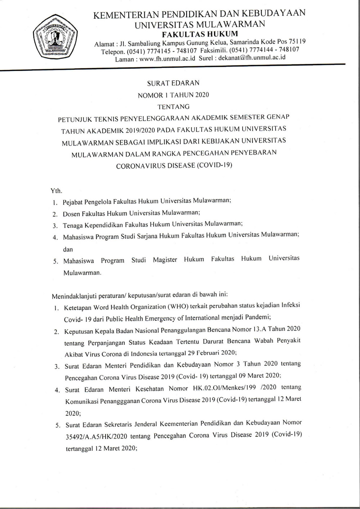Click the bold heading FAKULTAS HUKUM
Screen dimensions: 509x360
coord(200,34)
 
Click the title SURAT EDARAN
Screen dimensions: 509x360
coord(173,83)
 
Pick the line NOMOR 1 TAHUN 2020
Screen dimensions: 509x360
coord(173,95)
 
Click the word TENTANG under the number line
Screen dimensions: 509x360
coord(173,106)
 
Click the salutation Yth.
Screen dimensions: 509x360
coord(57,191)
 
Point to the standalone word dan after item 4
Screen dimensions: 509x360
coord(68,249)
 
